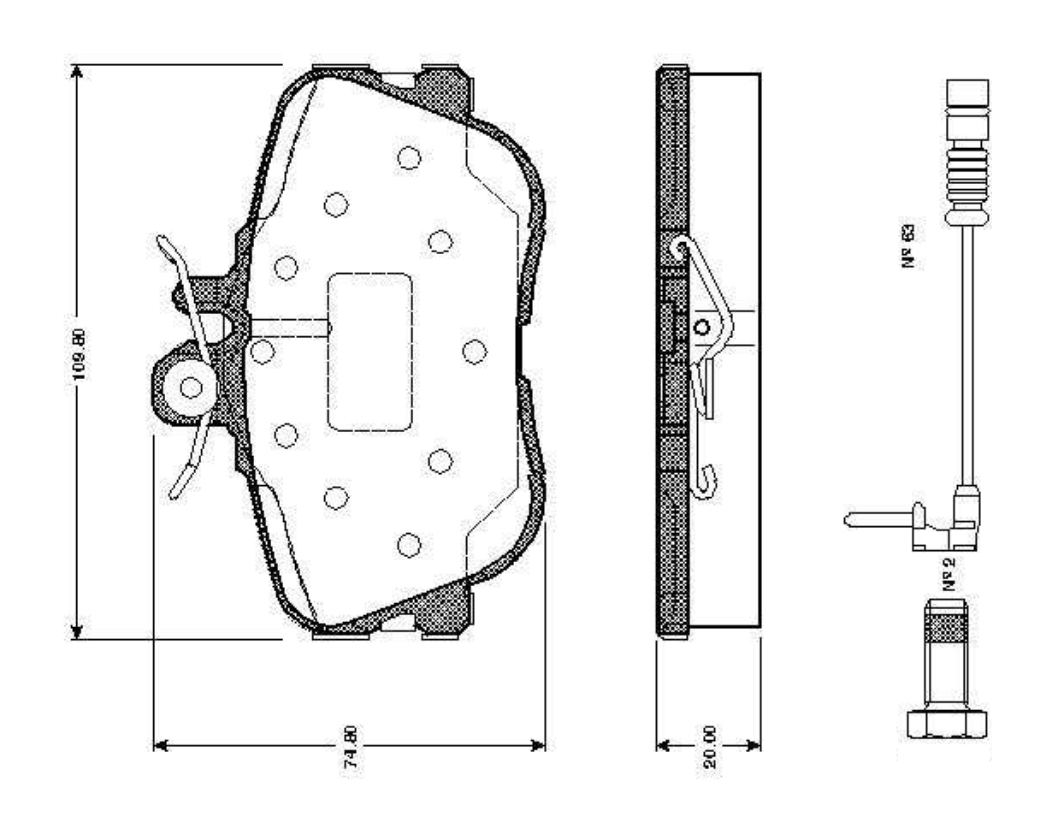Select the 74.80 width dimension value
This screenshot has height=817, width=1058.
pyautogui.click(x=350, y=749)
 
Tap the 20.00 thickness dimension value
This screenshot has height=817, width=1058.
pyautogui.click(x=710, y=749)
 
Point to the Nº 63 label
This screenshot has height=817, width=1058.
pyautogui.click(x=909, y=246)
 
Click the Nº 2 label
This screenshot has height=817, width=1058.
pyautogui.click(x=949, y=573)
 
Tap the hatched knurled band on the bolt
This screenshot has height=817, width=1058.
pyautogui.click(x=947, y=630)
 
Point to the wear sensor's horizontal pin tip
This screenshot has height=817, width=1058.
pyautogui.click(x=851, y=518)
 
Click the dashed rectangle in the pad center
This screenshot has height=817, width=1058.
pyautogui.click(x=369, y=352)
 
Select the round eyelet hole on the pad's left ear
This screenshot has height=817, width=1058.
pyautogui.click(x=192, y=388)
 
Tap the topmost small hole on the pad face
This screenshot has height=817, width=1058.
pyautogui.click(x=409, y=157)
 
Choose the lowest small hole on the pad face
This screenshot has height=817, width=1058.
pyautogui.click(x=409, y=544)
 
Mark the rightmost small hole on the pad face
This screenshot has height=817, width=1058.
pyautogui.click(x=474, y=351)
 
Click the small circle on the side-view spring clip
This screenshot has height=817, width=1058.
pyautogui.click(x=702, y=327)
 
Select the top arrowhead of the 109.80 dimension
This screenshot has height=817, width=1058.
pyautogui.click(x=77, y=72)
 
